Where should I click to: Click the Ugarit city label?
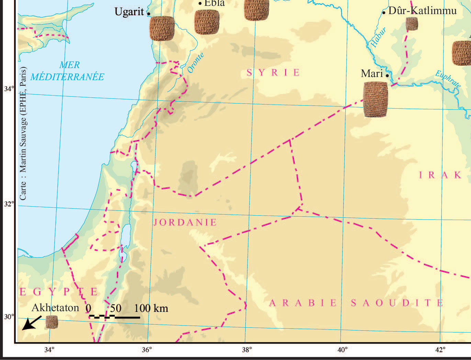coord(129,12)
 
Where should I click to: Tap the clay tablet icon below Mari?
coord(375,99)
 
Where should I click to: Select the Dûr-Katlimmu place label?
coord(422,11)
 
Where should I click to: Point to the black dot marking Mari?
coord(387,76)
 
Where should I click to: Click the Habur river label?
coord(378,37)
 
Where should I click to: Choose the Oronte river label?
coord(195,63)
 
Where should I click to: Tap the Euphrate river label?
coord(448,79)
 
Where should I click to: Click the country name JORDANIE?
coord(185,222)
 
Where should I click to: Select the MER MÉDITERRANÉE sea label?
coord(67,71)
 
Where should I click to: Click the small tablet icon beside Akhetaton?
coord(52,322)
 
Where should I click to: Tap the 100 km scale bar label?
coord(151,308)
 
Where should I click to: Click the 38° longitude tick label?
coord(247,350)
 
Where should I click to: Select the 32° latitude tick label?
coord(9,204)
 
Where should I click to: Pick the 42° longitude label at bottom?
coord(440,350)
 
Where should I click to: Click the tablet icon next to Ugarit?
coord(162,28)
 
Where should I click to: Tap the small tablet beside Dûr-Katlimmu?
coord(412,24)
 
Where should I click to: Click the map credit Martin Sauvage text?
coord(23,133)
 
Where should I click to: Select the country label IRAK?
coord(440,175)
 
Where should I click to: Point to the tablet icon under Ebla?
coord(207,22)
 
